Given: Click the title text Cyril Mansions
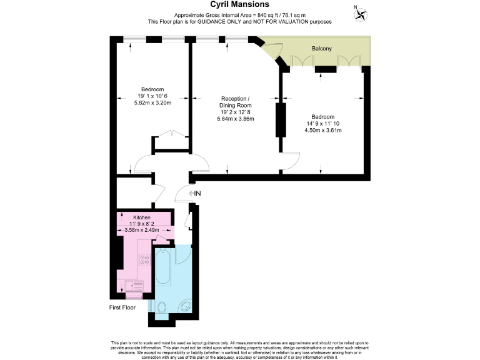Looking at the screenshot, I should (239, 4).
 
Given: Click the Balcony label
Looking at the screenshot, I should (322, 48).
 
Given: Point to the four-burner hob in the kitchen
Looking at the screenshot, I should (145, 260).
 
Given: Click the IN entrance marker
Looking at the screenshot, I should (194, 194).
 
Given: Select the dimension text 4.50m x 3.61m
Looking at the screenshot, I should (323, 130).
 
